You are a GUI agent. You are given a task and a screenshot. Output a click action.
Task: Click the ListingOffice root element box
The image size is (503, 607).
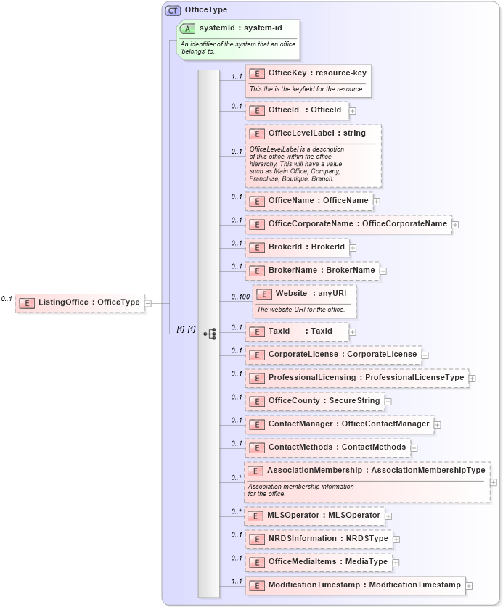click(x=79, y=302)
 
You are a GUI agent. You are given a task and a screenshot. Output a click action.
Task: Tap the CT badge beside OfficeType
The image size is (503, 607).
click(x=173, y=10)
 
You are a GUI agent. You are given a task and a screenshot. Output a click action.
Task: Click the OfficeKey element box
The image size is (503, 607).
click(x=308, y=73)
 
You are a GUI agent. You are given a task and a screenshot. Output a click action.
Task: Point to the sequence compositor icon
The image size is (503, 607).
click(x=210, y=334)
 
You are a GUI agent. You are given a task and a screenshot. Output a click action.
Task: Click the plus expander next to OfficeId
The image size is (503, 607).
click(x=353, y=110)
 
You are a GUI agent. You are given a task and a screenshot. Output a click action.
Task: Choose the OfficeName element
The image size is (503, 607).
click(x=308, y=200)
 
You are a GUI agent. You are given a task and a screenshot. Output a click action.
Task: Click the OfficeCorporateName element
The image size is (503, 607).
click(x=348, y=223)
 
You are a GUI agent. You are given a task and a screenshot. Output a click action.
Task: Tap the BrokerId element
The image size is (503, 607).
click(x=297, y=247)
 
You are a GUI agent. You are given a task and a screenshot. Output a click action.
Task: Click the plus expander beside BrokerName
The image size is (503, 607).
click(x=383, y=271)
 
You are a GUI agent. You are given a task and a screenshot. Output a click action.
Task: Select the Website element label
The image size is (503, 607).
click(x=291, y=294)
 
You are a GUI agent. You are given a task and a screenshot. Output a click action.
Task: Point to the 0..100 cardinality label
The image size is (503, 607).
click(x=240, y=297)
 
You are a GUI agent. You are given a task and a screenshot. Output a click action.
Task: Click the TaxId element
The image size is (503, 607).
click(x=297, y=331)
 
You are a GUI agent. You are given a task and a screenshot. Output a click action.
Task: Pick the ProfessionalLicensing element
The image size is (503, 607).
click(x=356, y=378)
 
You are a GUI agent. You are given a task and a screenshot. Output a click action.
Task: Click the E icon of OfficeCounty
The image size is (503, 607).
click(x=256, y=401)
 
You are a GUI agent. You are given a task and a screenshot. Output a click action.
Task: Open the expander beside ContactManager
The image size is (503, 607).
click(x=438, y=424)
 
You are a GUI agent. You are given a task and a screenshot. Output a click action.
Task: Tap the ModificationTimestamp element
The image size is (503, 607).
click(x=355, y=585)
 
